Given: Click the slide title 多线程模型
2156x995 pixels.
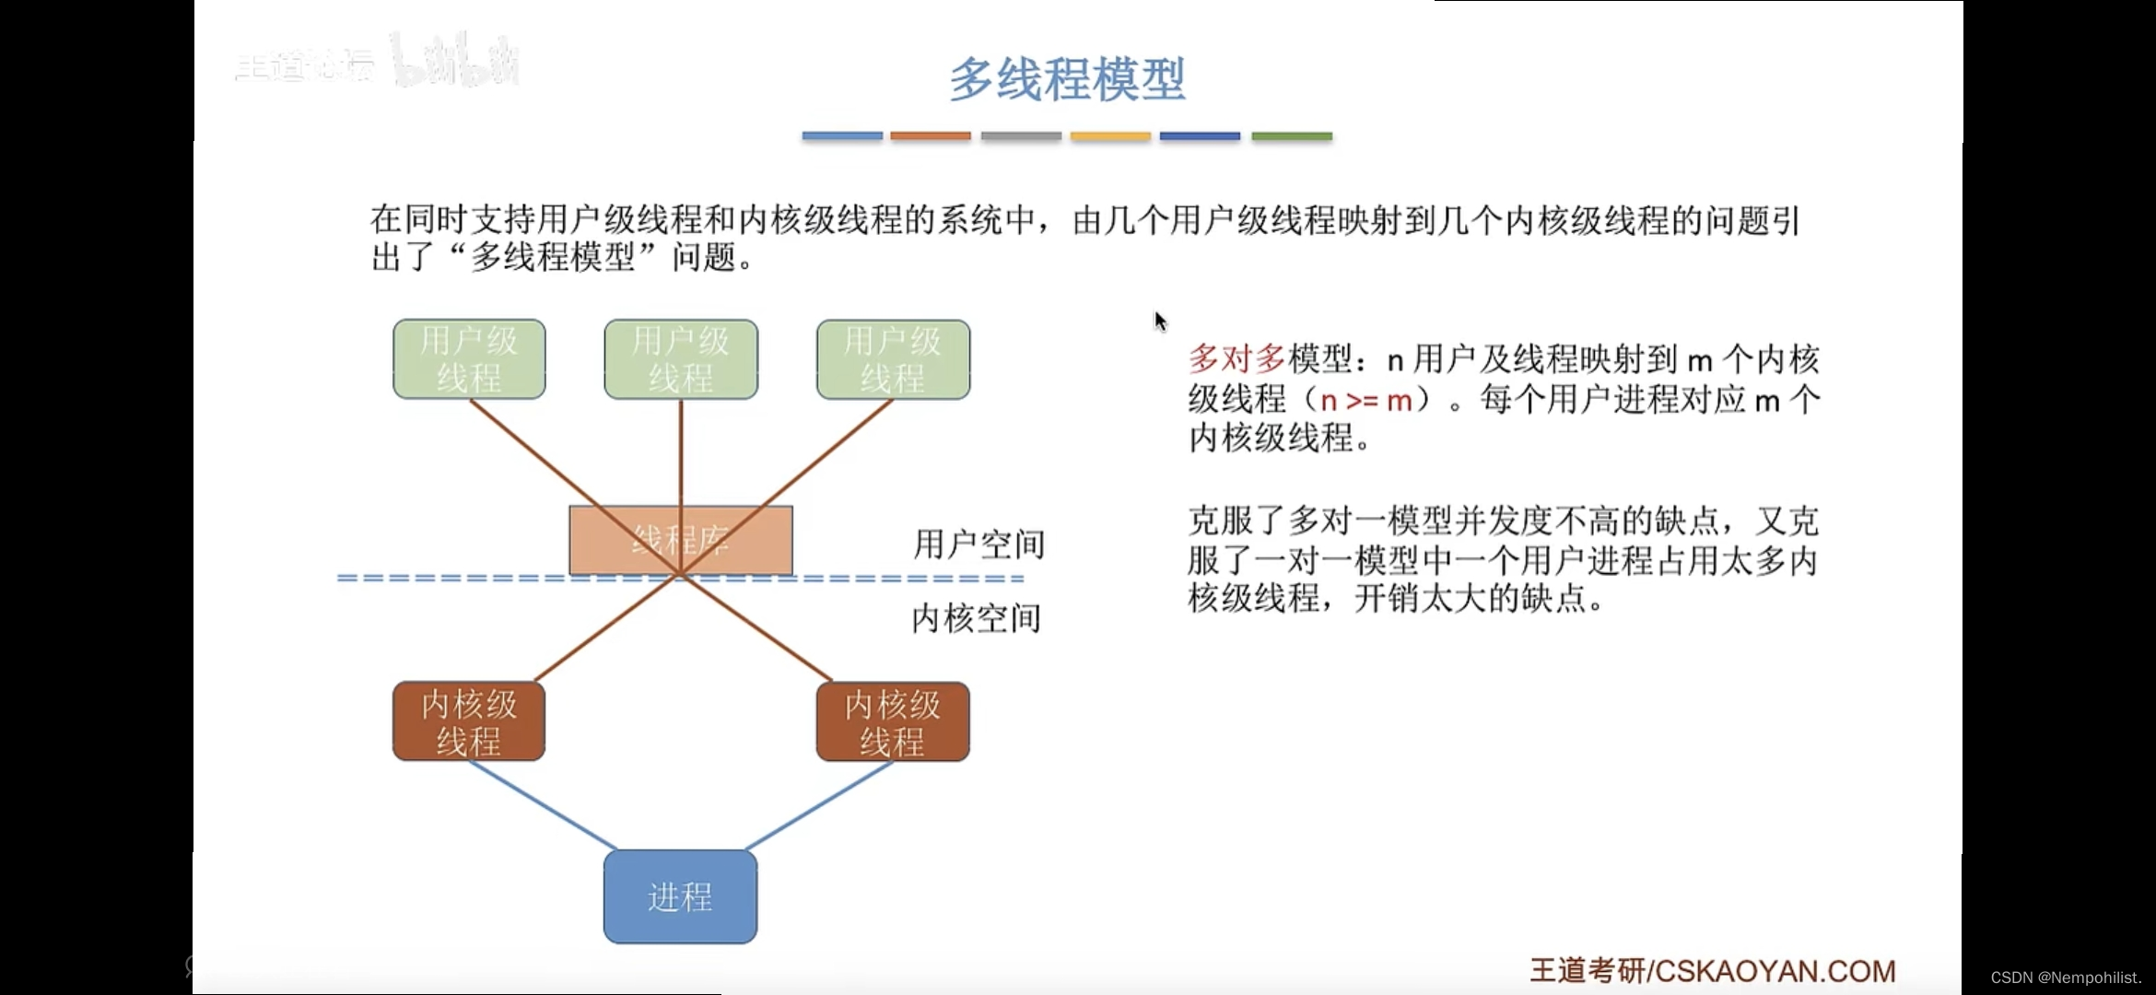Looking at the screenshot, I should click(x=1067, y=79).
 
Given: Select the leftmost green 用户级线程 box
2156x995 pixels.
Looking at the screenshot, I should click(x=469, y=359).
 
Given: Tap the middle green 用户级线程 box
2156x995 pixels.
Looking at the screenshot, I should click(x=681, y=359).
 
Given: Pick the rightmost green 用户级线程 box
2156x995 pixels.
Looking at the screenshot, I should click(x=893, y=359).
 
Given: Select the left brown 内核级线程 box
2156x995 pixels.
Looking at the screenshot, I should click(x=469, y=721).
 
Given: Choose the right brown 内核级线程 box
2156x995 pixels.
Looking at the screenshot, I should click(x=893, y=721).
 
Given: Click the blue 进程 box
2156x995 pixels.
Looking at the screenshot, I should click(x=680, y=896).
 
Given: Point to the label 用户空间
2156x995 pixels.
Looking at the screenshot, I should click(x=978, y=544).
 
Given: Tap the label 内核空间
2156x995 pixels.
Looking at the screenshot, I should click(x=977, y=618).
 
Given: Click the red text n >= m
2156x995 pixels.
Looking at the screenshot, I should click(x=1365, y=401).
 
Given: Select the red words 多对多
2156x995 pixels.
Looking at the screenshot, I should click(x=1236, y=358).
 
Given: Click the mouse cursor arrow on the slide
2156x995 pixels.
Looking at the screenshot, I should click(x=1160, y=321).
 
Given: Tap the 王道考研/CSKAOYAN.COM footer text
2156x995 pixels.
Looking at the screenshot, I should click(x=1712, y=970).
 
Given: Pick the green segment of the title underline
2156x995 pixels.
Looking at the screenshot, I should click(x=1292, y=136).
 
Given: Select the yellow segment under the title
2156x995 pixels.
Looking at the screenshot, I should click(x=1110, y=136).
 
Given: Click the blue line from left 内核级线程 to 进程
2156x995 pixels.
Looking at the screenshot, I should click(x=544, y=806).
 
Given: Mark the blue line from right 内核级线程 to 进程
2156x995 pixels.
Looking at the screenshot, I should click(x=818, y=806).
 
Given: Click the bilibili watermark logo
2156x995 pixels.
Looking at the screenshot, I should click(x=456, y=63).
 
